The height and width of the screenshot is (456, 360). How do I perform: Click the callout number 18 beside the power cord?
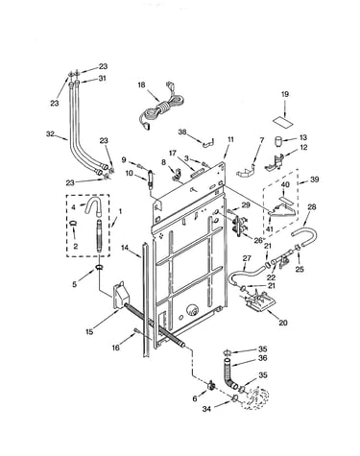141,84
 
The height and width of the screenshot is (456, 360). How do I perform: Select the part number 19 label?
285,94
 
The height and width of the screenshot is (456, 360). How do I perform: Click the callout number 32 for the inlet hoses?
50,134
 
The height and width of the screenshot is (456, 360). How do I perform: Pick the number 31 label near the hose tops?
102,78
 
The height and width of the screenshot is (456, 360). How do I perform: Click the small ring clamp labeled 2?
74,223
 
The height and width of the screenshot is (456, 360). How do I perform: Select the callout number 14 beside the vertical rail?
125,248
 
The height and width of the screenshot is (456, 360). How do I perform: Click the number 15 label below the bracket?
89,331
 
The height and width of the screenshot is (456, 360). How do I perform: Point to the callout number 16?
115,348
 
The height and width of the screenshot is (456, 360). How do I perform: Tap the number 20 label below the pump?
283,323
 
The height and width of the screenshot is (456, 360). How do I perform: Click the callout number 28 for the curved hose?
312,207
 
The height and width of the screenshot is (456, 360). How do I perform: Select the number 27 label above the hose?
247,258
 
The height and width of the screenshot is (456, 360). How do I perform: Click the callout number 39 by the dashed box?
315,180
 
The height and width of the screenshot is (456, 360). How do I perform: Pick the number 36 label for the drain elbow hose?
262,358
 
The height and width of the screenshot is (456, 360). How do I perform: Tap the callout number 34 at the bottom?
206,409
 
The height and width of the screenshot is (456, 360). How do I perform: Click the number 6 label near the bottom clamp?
195,399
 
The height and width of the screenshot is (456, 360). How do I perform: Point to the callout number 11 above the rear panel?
230,139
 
